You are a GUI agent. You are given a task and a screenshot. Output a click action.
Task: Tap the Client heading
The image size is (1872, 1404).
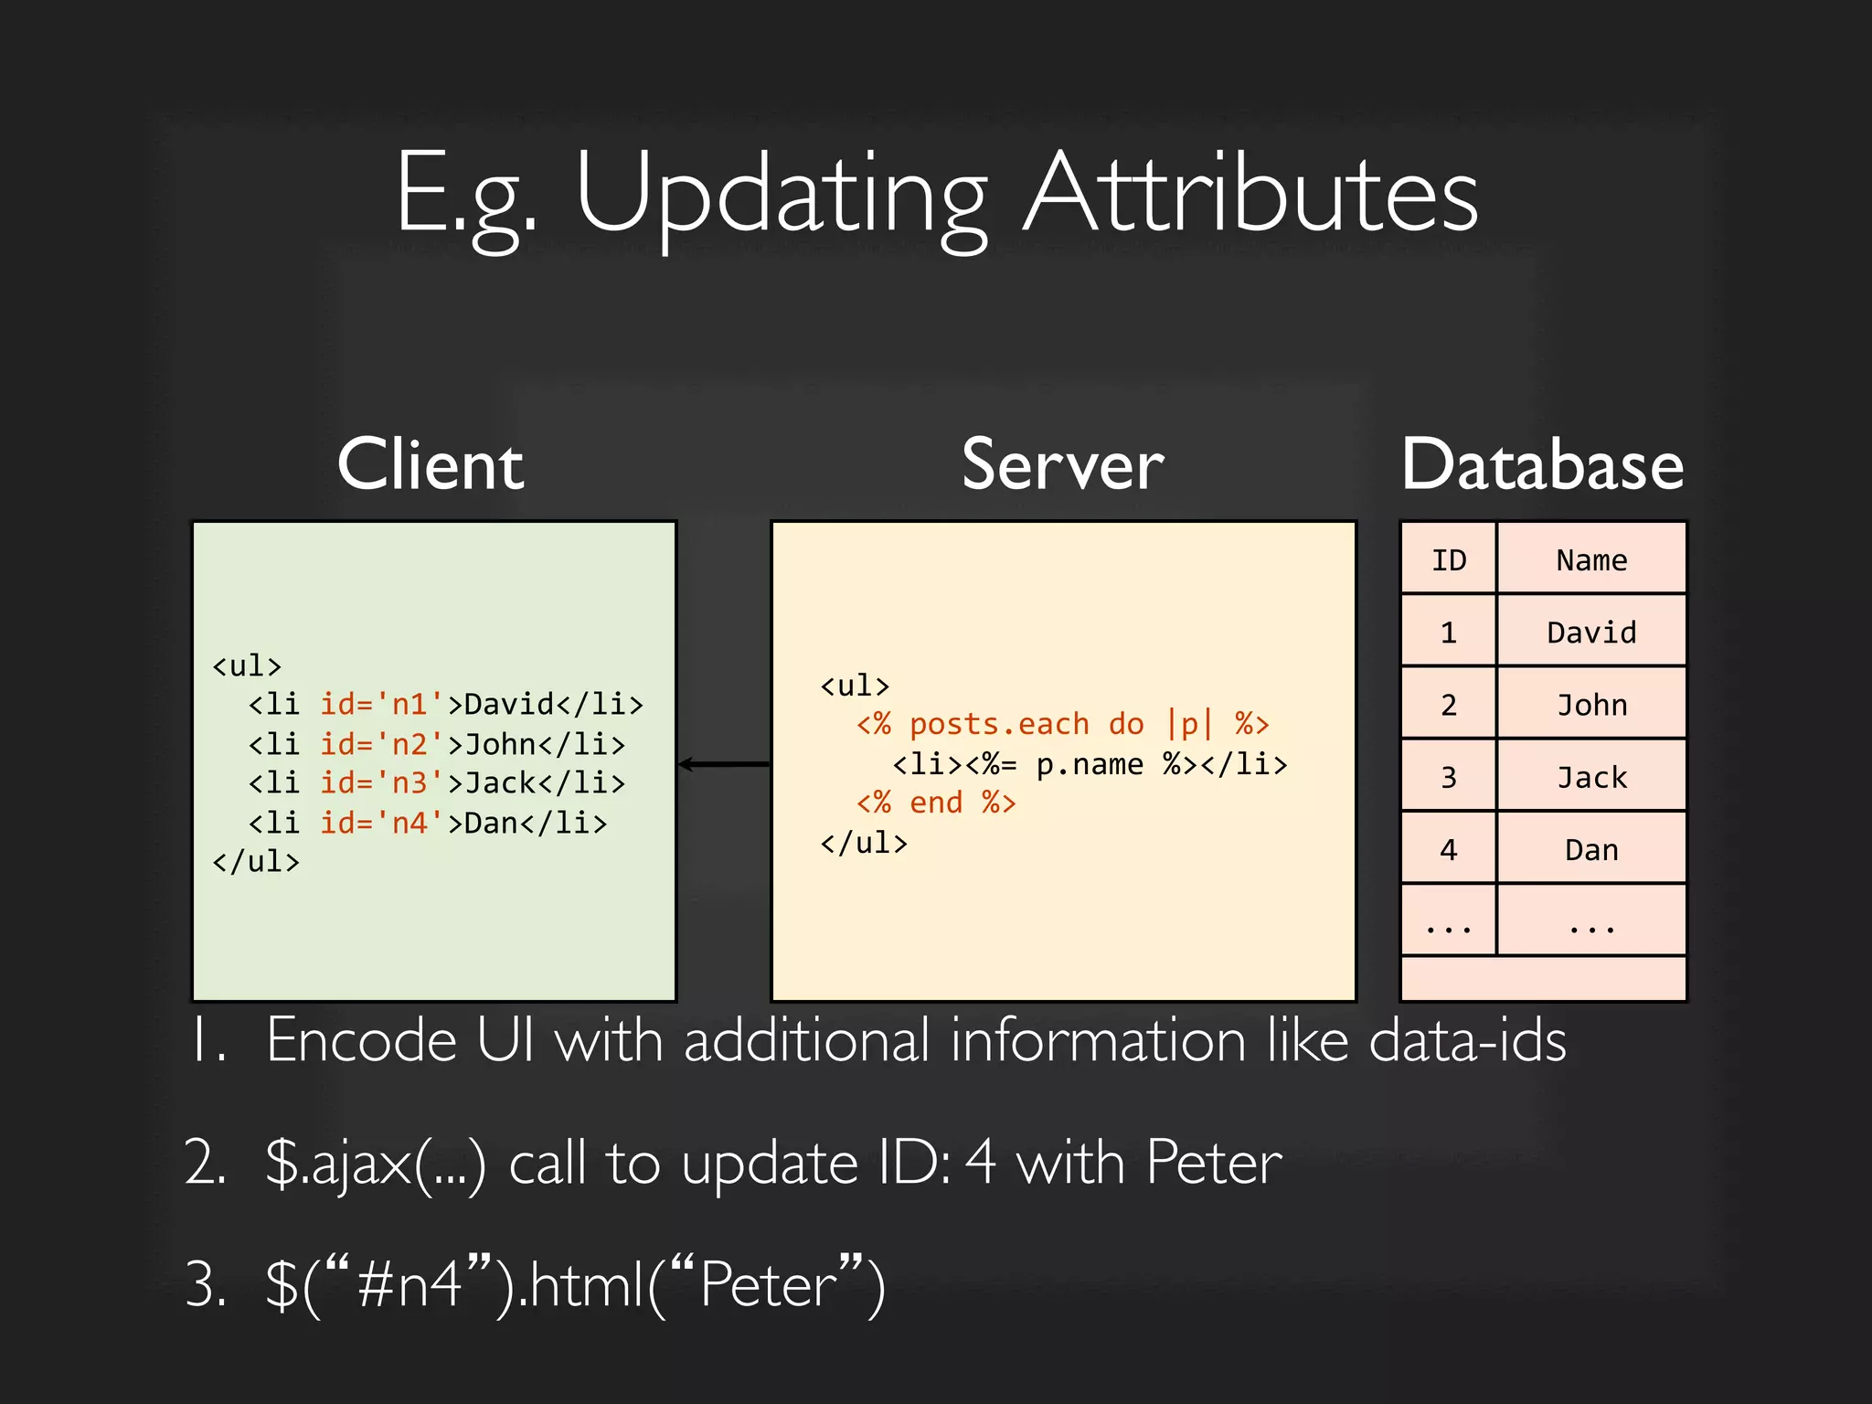[x=431, y=465]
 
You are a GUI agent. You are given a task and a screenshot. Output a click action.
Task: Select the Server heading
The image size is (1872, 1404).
[x=1062, y=465]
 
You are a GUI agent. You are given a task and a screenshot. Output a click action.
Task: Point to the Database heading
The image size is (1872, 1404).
[x=1542, y=465]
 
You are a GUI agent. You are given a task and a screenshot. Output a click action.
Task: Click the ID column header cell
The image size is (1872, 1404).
[x=1449, y=559]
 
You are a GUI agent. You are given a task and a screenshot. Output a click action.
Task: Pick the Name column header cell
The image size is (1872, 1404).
[x=1591, y=559]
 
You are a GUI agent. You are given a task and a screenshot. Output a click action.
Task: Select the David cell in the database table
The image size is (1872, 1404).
[x=1591, y=632]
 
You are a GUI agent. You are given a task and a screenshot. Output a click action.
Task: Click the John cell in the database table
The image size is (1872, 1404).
[x=1591, y=705]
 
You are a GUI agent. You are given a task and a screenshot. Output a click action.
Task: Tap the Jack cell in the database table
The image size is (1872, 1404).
[x=1591, y=777]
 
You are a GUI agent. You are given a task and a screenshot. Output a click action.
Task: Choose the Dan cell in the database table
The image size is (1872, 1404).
[x=1591, y=850]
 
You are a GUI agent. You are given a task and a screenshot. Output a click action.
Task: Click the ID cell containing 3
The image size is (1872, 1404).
[x=1449, y=777]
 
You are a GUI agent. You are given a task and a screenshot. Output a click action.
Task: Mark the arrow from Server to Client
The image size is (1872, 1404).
[x=724, y=764]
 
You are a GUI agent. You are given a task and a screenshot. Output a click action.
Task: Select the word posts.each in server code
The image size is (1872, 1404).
[x=999, y=724]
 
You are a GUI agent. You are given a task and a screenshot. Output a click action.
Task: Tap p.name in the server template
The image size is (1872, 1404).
[x=1089, y=764]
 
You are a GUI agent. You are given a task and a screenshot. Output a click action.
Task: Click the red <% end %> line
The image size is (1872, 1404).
[x=936, y=803]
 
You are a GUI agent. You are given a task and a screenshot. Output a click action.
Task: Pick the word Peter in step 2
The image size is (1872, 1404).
[x=1214, y=1163]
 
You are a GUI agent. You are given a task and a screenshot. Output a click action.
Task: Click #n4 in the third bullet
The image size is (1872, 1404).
[x=409, y=1284]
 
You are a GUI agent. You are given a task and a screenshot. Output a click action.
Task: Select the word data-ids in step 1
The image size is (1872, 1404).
[x=1467, y=1040]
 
